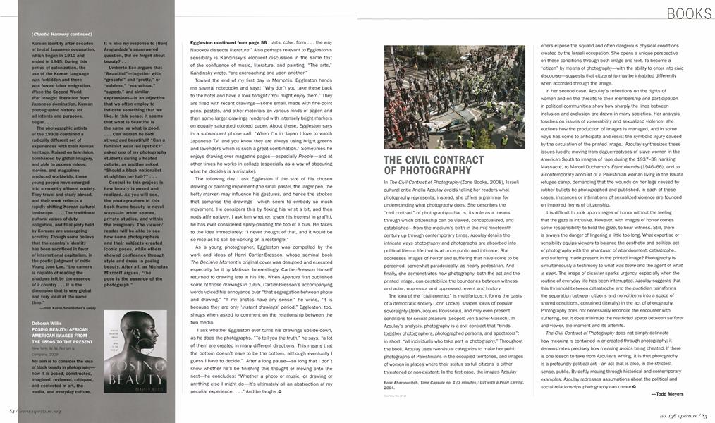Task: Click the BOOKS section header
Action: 689,13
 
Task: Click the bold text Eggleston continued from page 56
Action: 226,43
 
